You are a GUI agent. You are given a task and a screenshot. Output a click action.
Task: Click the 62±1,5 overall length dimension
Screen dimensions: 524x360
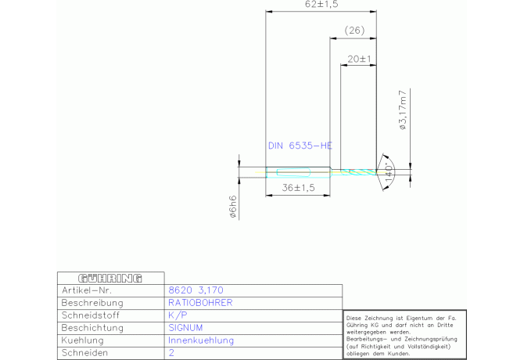click(x=321, y=4)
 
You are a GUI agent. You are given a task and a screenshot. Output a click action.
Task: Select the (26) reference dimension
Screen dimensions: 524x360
click(x=354, y=31)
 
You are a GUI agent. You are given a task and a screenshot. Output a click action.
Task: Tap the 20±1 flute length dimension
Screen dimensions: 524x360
click(x=359, y=59)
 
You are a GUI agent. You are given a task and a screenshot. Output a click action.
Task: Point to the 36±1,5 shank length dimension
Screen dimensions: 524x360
click(x=298, y=188)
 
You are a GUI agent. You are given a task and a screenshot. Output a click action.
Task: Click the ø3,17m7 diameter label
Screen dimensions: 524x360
click(x=403, y=110)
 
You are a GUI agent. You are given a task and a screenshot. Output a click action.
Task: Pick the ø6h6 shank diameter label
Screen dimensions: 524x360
click(x=233, y=207)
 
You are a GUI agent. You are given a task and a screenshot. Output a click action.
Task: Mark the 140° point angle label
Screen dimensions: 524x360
click(x=389, y=172)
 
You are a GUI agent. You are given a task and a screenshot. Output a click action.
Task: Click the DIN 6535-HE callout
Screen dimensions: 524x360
click(x=300, y=146)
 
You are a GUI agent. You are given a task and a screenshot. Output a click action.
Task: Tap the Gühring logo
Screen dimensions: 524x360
click(x=110, y=278)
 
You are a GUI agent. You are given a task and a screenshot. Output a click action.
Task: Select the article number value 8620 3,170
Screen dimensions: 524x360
click(x=196, y=290)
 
